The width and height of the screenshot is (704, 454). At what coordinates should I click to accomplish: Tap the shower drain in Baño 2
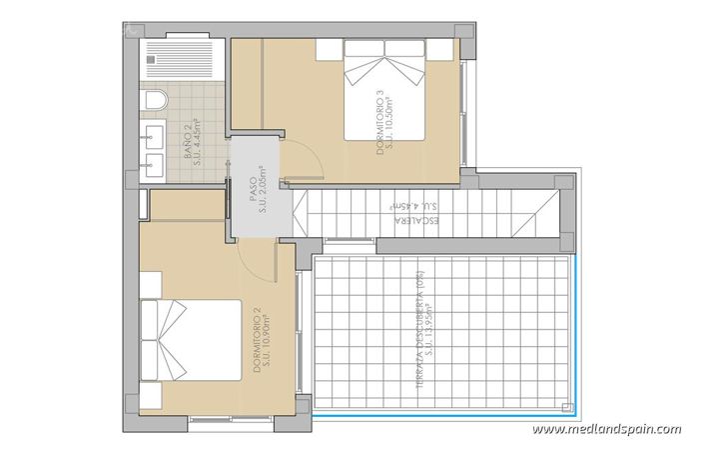(x=151, y=57)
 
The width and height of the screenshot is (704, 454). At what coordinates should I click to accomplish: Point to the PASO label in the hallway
(x=253, y=190)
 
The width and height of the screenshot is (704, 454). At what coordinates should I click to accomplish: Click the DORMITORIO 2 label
(x=257, y=340)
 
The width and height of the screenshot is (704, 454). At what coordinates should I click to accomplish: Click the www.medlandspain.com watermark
(x=606, y=430)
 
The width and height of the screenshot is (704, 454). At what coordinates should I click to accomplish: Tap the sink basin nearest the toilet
(x=156, y=137)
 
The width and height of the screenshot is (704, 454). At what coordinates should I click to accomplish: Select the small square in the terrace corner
(x=568, y=408)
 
